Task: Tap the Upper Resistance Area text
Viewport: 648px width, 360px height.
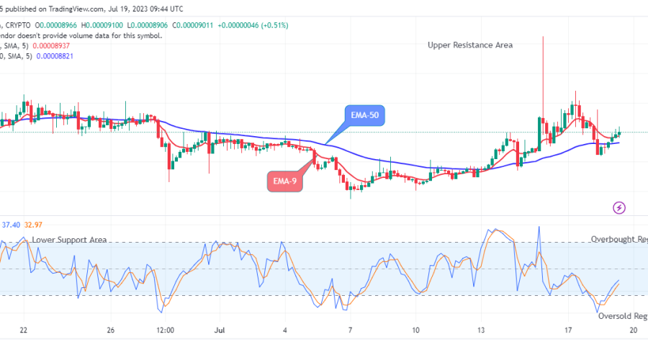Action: click(470, 45)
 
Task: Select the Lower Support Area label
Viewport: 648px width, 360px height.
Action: click(69, 239)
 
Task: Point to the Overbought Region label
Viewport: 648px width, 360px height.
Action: click(618, 239)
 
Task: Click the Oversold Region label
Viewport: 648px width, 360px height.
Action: click(622, 315)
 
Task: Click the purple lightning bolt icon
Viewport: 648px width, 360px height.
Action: click(618, 208)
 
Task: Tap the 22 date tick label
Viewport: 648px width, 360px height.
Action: click(24, 330)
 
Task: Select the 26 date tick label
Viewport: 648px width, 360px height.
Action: click(112, 330)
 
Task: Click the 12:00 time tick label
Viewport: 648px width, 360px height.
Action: click(165, 330)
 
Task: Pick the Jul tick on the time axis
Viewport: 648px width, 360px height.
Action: click(219, 330)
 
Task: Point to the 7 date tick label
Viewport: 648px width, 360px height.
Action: click(350, 330)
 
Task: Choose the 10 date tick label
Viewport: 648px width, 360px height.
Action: click(415, 330)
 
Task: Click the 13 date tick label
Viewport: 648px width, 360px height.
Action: click(480, 330)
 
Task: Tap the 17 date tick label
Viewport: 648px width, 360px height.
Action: click(568, 330)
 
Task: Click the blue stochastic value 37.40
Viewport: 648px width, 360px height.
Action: click(11, 225)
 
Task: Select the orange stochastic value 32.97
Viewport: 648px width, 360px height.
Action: click(34, 225)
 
